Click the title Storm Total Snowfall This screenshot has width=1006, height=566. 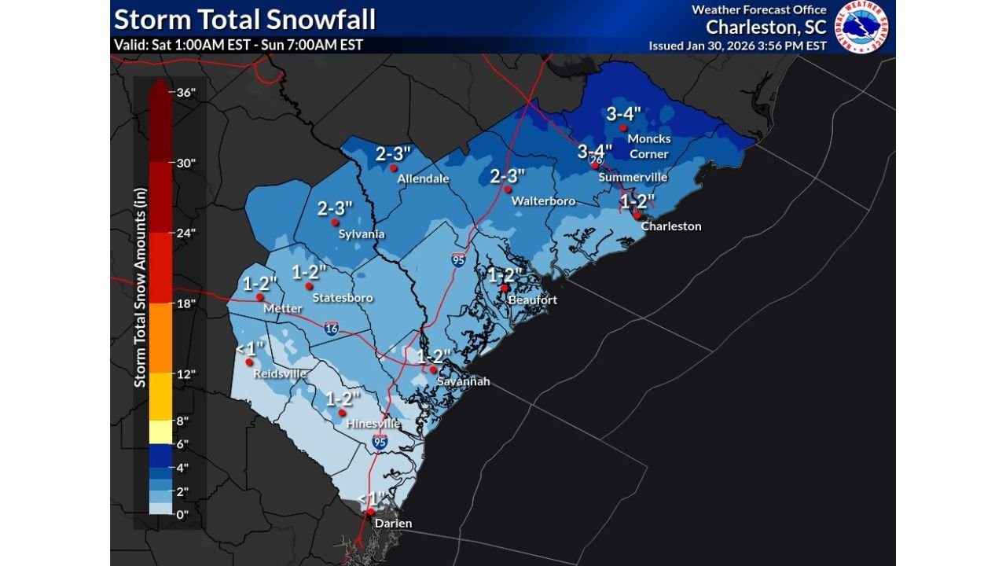tap(244, 18)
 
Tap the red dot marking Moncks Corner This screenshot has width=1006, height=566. tap(622, 128)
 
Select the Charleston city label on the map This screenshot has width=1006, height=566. tap(671, 226)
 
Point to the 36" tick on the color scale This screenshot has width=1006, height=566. tap(185, 92)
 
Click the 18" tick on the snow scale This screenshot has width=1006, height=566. tap(185, 303)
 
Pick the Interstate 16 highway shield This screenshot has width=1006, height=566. tap(332, 329)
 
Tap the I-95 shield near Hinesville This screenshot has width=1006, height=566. tap(380, 443)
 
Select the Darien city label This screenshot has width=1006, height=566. tap(392, 524)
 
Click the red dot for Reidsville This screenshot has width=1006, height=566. tap(248, 362)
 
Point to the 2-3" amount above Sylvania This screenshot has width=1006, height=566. tap(335, 208)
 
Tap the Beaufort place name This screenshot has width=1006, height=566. tap(532, 300)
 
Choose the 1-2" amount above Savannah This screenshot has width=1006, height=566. tap(433, 356)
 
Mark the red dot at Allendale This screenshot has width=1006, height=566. tap(394, 167)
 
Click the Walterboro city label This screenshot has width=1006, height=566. tap(543, 201)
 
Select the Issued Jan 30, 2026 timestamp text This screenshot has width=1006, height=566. tap(737, 46)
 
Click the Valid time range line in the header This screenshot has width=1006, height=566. tap(238, 45)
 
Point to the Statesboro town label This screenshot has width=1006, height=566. tap(342, 298)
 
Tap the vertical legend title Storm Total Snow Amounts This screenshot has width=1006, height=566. tap(140, 287)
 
